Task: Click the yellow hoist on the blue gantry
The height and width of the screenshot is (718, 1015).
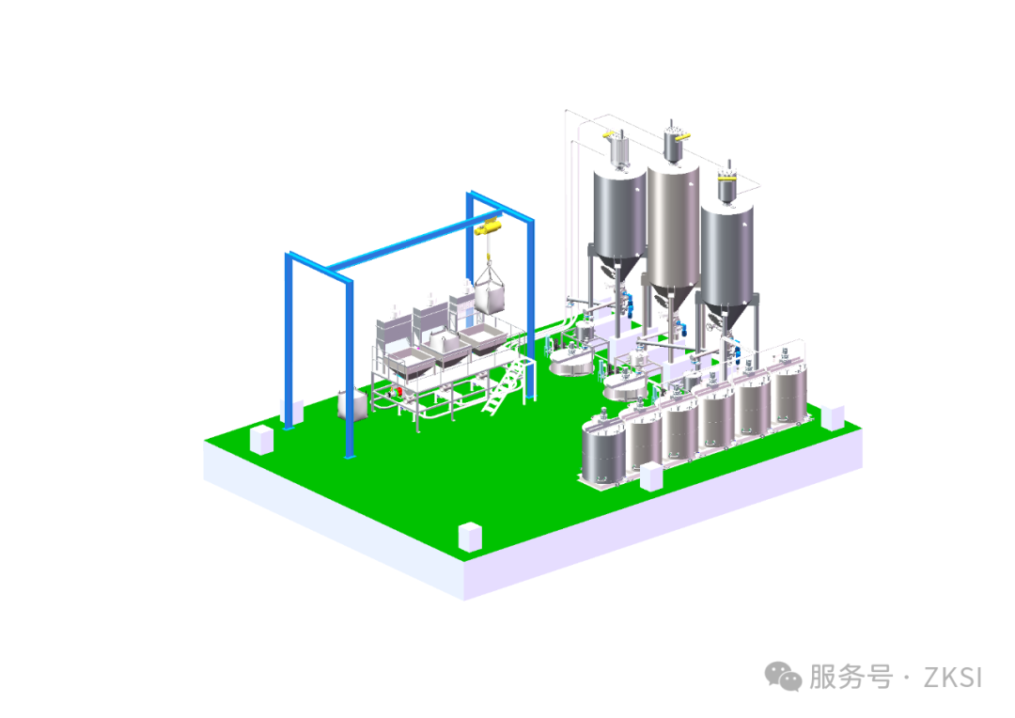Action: (489, 227)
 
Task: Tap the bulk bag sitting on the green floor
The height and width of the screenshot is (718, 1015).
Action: (352, 403)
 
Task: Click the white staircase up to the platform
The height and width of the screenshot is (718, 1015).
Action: (503, 384)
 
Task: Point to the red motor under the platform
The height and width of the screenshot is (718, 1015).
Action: (395, 391)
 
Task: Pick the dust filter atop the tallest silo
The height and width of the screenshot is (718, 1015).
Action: (673, 143)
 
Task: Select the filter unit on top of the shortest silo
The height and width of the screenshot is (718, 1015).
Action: (726, 184)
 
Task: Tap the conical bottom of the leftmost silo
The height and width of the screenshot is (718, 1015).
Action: (619, 268)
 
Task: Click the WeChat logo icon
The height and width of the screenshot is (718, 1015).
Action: (783, 677)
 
